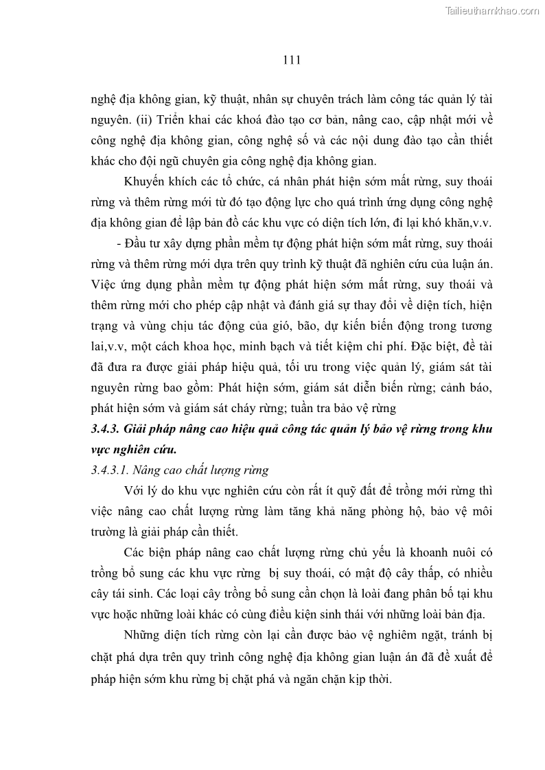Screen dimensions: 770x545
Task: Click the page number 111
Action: tap(292, 60)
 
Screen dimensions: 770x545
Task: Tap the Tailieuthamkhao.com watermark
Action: tap(494, 11)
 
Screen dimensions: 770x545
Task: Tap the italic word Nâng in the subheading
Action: tap(148, 470)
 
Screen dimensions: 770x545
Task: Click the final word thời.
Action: tap(377, 677)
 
